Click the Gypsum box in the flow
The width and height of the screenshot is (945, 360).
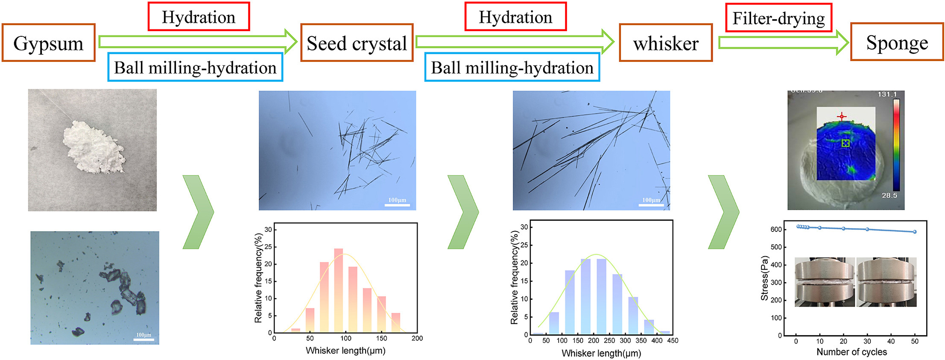pyautogui.click(x=48, y=43)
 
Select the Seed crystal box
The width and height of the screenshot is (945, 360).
pyautogui.click(x=357, y=43)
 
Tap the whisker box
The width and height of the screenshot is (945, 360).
pyautogui.click(x=666, y=43)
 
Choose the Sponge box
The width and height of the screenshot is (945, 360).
pyautogui.click(x=897, y=42)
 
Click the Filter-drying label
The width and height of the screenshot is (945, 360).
pyautogui.click(x=778, y=18)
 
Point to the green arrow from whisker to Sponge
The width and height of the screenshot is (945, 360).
pyautogui.click(x=783, y=42)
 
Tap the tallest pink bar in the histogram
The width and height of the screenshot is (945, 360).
pyautogui.click(x=339, y=290)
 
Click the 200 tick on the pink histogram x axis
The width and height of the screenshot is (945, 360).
pyautogui.click(x=417, y=338)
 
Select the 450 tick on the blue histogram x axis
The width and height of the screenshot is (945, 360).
pyautogui.click(x=673, y=341)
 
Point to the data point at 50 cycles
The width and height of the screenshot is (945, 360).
pyautogui.click(x=915, y=232)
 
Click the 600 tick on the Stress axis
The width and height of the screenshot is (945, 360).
pyautogui.click(x=776, y=229)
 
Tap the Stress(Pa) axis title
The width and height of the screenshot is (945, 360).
pyautogui.click(x=764, y=278)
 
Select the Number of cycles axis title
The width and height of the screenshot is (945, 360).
pyautogui.click(x=851, y=352)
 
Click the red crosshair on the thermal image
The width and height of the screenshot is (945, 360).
pyautogui.click(x=841, y=116)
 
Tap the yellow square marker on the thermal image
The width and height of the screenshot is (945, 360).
pyautogui.click(x=846, y=143)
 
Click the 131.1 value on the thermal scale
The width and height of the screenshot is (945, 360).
pyautogui.click(x=887, y=94)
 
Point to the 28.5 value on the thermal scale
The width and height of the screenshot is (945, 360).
pyautogui.click(x=889, y=196)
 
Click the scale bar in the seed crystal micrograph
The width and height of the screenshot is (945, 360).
pyautogui.click(x=397, y=205)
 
